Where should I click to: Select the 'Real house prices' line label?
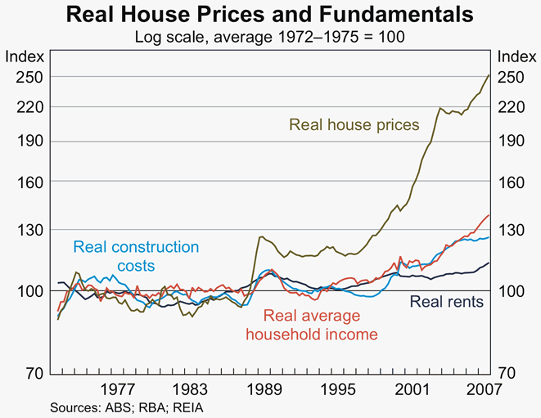[x=354, y=125]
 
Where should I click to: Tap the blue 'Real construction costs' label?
[x=136, y=255]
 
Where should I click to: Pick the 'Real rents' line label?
[x=446, y=302]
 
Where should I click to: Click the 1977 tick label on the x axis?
[x=117, y=389]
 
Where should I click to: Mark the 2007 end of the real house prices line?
[x=489, y=75]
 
